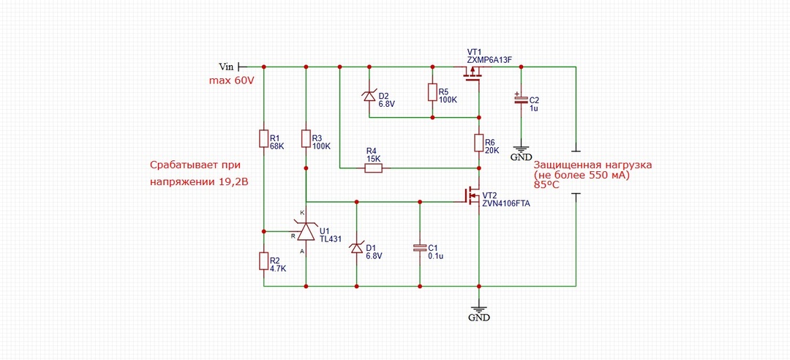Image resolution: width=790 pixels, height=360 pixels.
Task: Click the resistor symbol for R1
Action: coord(263,138)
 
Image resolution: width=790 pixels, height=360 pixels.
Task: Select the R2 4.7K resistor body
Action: coord(263,261)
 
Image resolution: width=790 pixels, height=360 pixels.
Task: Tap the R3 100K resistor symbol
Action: coord(306,138)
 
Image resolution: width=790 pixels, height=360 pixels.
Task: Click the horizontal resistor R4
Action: coord(373,168)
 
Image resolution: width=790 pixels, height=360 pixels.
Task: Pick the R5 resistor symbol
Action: coord(432,91)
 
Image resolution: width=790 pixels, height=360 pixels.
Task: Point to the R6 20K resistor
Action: coord(478,143)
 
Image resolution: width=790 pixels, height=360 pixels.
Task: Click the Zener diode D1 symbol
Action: coord(356,248)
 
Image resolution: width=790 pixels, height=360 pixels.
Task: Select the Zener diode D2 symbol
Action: coord(369,95)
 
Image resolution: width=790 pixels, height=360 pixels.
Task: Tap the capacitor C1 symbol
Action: coord(420,247)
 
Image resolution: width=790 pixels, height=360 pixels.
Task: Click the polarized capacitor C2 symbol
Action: coord(521,99)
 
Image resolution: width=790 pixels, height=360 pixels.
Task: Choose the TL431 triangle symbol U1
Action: coord(305,231)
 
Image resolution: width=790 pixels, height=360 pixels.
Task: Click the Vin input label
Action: coord(226,66)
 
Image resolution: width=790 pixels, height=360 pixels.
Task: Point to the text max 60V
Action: coord(230,80)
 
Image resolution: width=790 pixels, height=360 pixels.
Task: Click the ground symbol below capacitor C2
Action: coord(521,150)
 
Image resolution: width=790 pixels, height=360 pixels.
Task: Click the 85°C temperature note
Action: coord(546,184)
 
